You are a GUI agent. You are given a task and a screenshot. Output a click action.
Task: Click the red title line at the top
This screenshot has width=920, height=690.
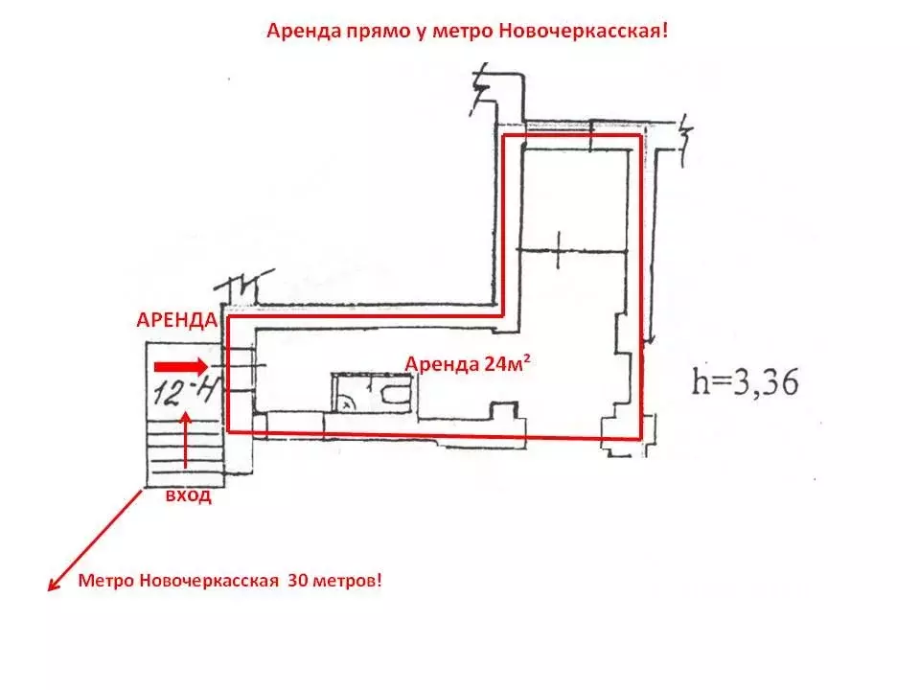tap(467, 31)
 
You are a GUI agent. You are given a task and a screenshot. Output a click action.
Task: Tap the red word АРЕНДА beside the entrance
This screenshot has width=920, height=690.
tap(176, 320)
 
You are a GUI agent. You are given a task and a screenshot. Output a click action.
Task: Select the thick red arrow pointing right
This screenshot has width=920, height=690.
tap(181, 367)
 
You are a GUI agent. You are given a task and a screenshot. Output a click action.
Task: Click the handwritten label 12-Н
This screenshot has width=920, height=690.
tap(184, 390)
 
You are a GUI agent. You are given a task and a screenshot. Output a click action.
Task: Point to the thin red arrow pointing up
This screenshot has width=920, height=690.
tap(186, 440)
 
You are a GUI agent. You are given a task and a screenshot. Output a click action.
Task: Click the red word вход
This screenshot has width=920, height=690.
tap(188, 495)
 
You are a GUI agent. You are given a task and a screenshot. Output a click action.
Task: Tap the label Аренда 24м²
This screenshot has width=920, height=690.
tap(468, 364)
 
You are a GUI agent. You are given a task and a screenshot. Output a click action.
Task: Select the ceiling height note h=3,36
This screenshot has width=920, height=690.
tap(746, 382)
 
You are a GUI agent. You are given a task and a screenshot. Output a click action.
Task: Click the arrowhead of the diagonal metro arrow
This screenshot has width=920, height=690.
tap(54, 584)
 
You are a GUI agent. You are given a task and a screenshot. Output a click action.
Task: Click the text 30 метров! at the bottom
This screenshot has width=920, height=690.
tap(334, 581)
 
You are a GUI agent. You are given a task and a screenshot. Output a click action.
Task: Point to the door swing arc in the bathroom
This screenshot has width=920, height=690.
tap(346, 402)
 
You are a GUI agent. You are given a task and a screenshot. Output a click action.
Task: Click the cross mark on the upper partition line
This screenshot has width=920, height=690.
tap(558, 250)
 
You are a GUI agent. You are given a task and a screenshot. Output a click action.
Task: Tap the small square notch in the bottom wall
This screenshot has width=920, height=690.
tap(504, 410)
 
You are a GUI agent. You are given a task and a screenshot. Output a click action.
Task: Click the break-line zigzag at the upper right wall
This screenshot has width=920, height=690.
tap(684, 140)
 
